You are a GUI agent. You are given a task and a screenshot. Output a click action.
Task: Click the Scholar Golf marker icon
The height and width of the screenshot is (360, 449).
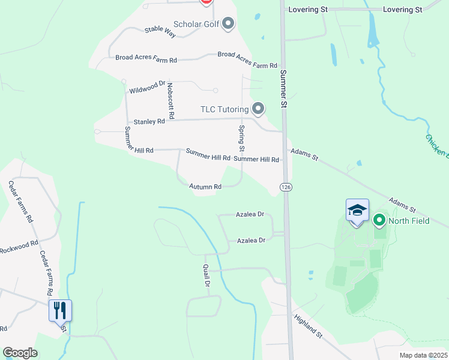coord(228,24)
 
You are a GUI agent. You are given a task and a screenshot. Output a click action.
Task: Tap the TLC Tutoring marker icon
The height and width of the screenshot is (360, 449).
coord(258,109)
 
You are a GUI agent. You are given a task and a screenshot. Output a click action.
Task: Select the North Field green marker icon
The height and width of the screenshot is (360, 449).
coord(379,220)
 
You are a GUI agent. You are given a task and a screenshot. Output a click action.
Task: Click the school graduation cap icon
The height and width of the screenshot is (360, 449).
coord(357,210)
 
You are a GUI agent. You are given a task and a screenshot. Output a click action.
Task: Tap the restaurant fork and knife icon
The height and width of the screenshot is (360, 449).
coord(60,310)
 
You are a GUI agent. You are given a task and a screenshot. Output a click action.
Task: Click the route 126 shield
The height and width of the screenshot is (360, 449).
coord(286,187)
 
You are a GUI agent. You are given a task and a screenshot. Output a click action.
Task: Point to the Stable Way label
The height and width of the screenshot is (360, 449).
coord(160,32)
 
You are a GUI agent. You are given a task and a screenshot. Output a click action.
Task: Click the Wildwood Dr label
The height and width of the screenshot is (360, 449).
coord(147,88)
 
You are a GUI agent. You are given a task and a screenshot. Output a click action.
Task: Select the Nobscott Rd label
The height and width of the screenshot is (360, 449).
coord(170,100)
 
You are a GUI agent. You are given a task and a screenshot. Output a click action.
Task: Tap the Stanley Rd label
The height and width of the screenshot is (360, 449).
coord(149,122)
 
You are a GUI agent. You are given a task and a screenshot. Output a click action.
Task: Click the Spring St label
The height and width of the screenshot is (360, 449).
coord(242,138)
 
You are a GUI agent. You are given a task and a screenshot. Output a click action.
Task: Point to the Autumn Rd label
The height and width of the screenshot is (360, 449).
coord(205,187)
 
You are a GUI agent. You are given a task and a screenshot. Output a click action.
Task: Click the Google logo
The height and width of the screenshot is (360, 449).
coord(20,353)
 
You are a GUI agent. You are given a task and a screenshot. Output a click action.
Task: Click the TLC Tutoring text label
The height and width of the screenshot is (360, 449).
coord(224,109)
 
